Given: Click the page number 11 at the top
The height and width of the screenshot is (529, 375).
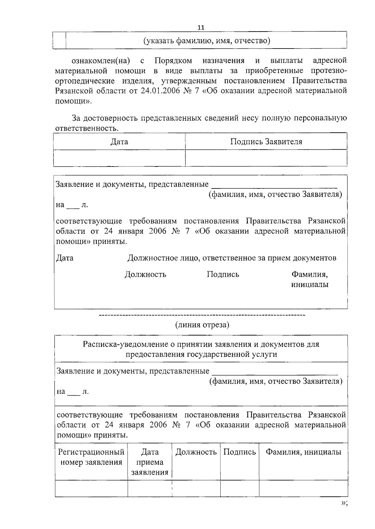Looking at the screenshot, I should click(201, 28).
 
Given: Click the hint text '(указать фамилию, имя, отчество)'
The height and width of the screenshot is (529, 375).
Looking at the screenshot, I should click(207, 41).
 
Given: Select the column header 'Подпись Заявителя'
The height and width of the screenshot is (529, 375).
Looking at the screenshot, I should click(266, 142).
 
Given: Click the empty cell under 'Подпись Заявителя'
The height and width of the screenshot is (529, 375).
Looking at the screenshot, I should click(266, 158).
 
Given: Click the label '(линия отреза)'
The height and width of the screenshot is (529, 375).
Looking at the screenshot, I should click(202, 325).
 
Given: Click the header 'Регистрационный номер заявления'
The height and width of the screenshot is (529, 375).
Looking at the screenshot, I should click(91, 457).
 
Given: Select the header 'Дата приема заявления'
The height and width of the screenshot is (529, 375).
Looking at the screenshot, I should click(150, 462).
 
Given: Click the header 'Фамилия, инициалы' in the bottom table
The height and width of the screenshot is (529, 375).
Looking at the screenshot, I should click(303, 452).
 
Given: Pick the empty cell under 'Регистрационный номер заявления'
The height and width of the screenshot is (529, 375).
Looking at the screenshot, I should click(91, 488).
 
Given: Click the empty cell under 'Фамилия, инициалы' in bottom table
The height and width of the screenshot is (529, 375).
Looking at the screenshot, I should click(303, 488).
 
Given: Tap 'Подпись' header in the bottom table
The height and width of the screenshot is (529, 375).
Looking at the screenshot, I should click(240, 452).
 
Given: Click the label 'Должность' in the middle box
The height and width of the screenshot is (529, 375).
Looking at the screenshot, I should click(145, 275).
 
